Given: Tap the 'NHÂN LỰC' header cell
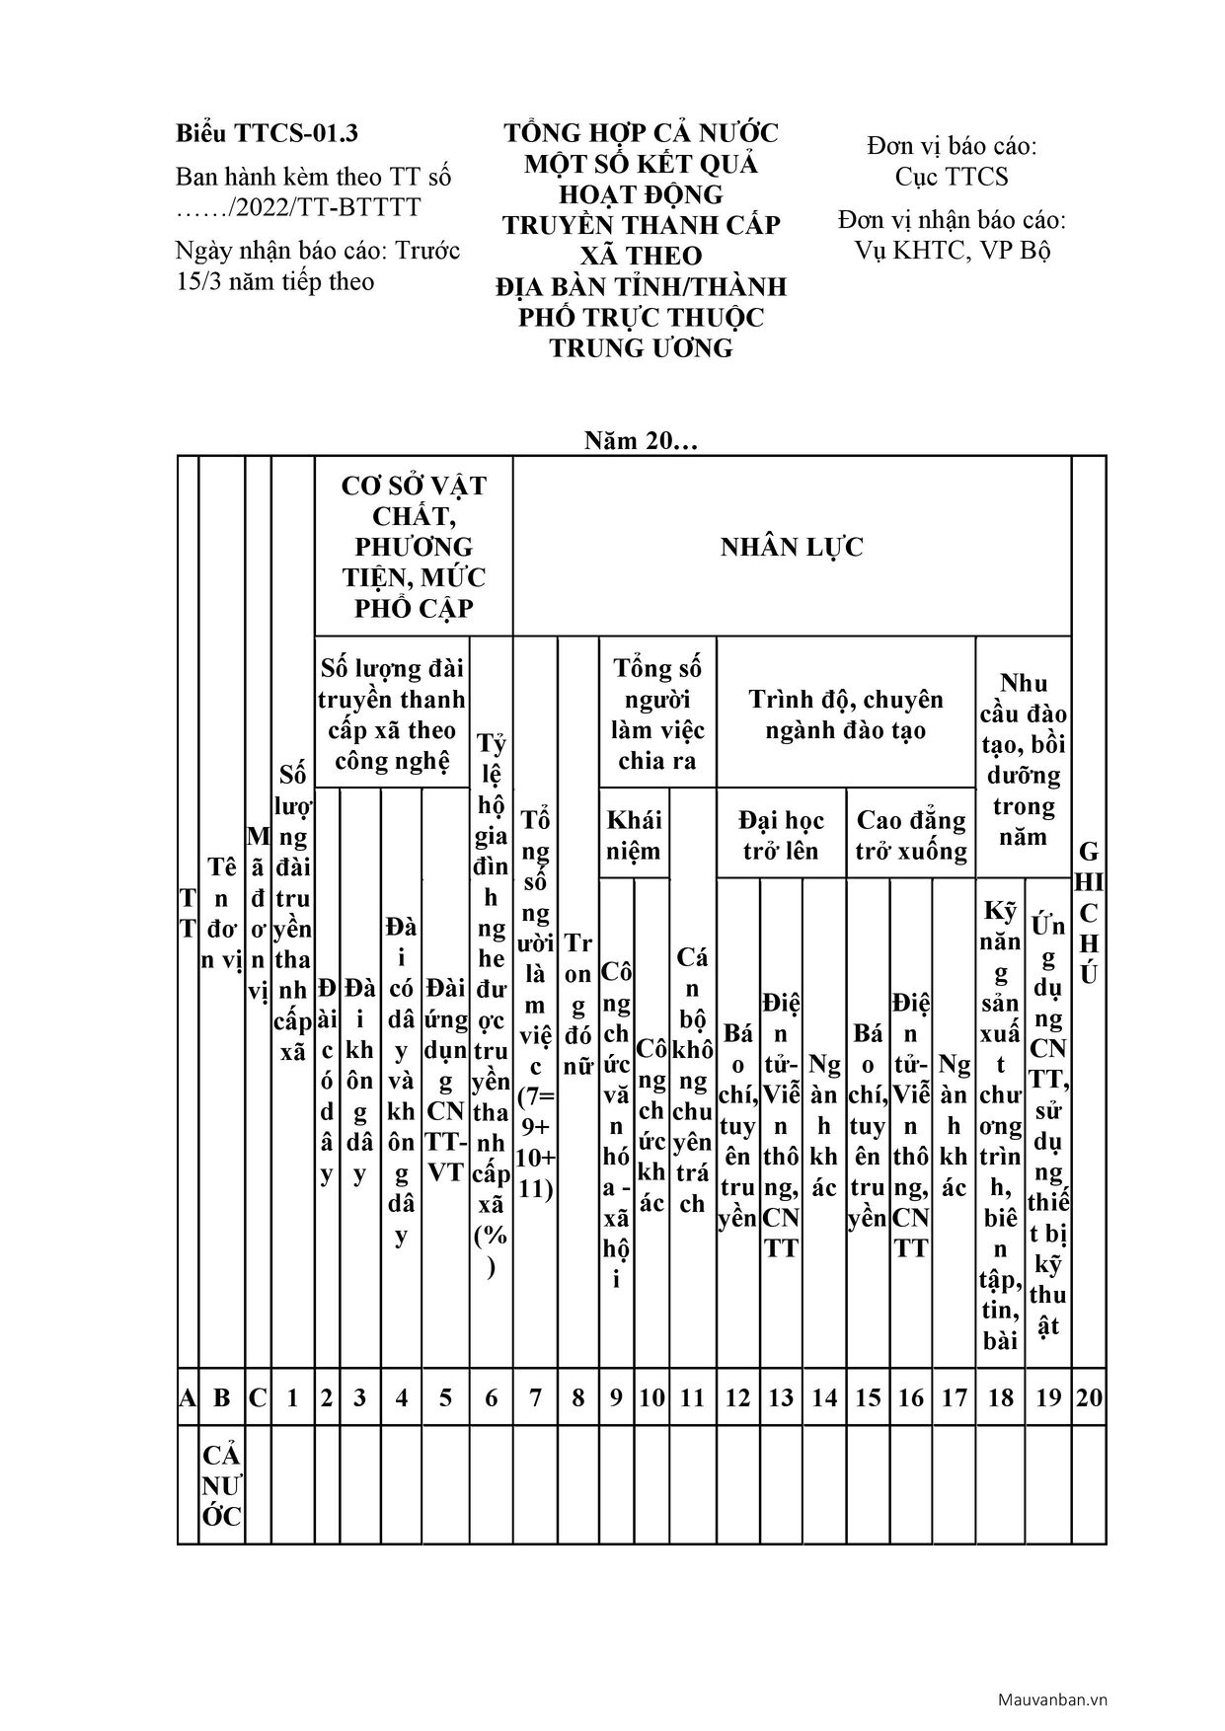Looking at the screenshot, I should tap(792, 547).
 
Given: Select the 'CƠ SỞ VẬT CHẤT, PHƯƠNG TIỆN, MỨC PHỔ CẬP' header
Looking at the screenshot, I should tap(414, 547).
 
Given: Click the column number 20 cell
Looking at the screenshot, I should tap(1089, 1396).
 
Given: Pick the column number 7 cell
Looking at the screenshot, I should tap(535, 1396).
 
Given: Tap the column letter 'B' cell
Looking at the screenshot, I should tap(222, 1396).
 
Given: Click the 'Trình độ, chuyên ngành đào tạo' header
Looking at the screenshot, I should tap(846, 715).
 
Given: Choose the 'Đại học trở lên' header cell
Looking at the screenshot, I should tap(781, 835).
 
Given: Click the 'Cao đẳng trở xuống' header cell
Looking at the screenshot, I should tap(911, 835).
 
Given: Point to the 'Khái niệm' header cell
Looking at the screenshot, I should tap(634, 835).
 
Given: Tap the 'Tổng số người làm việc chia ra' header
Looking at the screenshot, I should tap(657, 715).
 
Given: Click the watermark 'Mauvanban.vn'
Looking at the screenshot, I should tap(1052, 1699).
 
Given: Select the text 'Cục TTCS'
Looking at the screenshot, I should tap(952, 177).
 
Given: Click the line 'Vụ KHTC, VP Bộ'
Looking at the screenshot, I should tap(952, 250).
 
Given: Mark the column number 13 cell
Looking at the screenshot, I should tap(781, 1396).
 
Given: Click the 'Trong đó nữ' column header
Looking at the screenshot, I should tap(578, 1004).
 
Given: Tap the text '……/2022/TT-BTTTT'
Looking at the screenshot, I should tap(297, 207).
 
